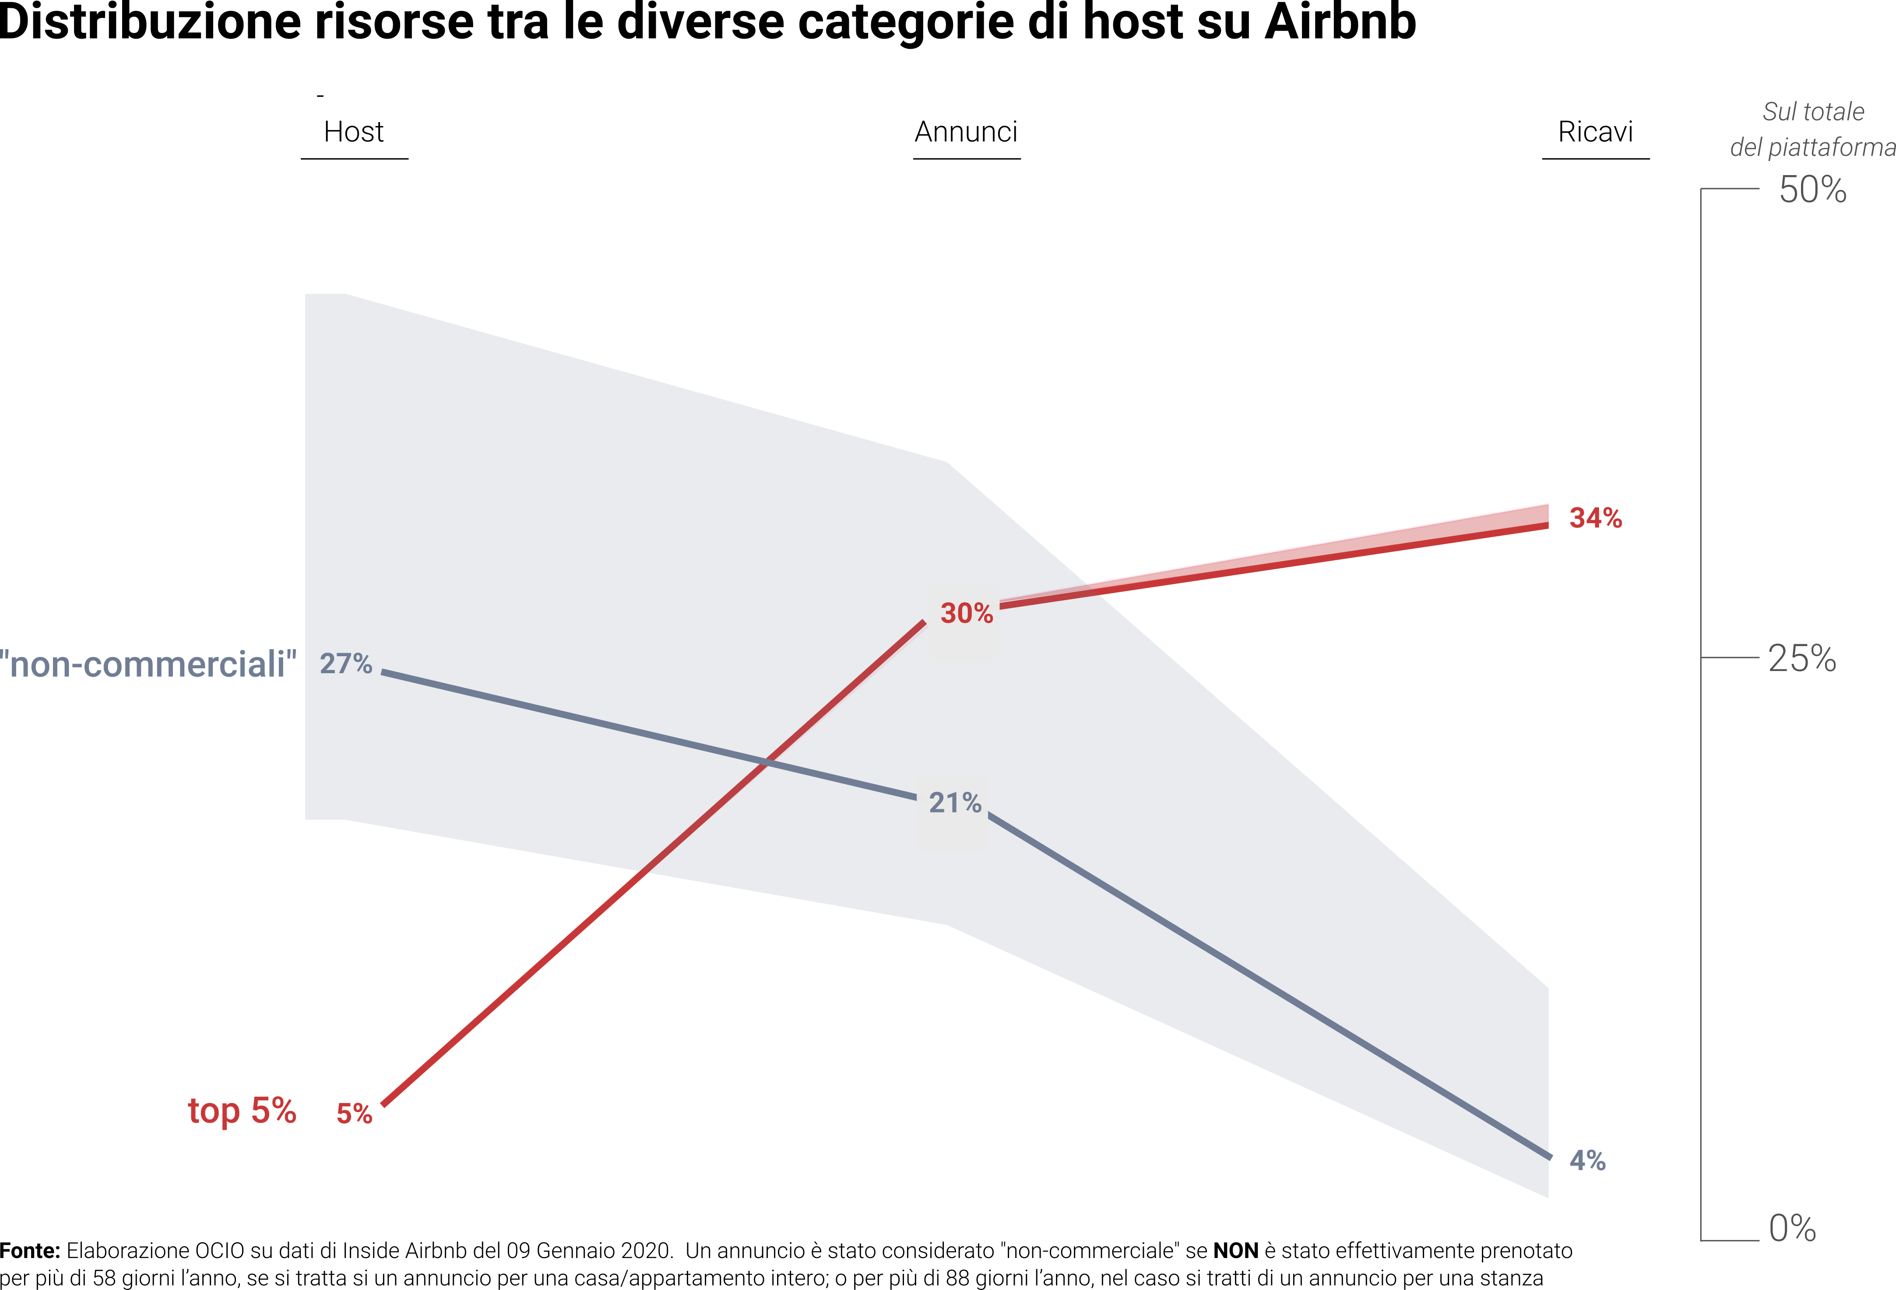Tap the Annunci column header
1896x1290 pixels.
click(x=966, y=131)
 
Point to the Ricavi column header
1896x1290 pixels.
click(x=1595, y=131)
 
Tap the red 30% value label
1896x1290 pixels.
click(x=967, y=613)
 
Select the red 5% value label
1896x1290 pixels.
click(x=354, y=1113)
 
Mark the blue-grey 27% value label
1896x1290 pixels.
click(x=346, y=663)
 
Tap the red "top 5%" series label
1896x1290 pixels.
click(x=242, y=1111)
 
